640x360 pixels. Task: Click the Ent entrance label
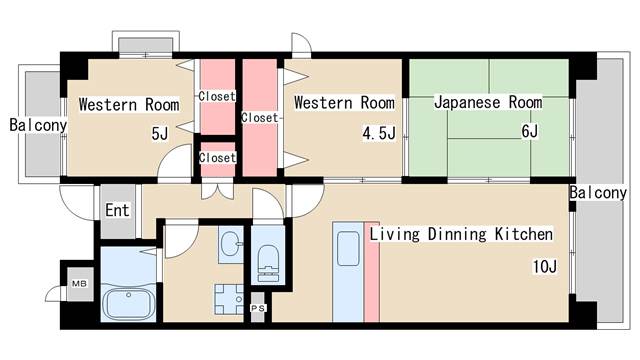click(117, 211)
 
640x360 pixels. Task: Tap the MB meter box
click(78, 284)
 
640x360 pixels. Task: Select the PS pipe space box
click(258, 309)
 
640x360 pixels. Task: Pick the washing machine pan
click(228, 298)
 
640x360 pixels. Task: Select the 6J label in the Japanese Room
click(529, 132)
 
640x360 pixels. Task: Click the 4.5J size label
click(379, 133)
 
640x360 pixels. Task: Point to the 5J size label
click(160, 133)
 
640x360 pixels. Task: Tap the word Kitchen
click(519, 235)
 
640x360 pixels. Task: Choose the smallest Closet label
click(217, 158)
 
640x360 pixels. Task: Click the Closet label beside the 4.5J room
click(260, 117)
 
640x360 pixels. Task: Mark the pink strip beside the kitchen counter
click(371, 279)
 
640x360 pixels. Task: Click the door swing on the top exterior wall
click(301, 46)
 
